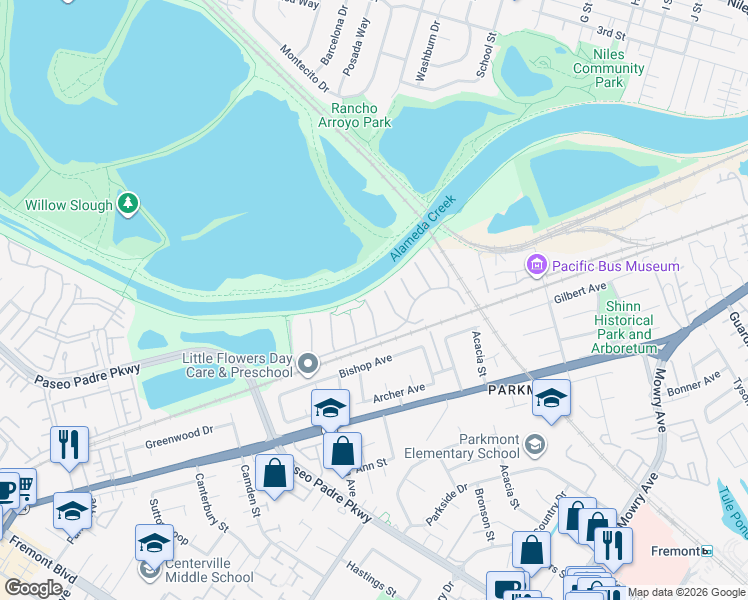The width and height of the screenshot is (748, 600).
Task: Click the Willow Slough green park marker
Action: point(127,204)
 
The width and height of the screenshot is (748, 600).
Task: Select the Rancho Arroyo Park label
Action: point(354,116)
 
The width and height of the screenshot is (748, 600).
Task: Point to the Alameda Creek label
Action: point(422,229)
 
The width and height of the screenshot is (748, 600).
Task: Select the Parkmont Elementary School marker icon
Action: point(536,443)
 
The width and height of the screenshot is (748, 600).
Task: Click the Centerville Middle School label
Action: point(204,577)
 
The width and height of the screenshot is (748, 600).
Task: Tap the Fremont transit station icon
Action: point(706,551)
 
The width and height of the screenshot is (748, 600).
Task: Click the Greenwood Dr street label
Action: point(179,432)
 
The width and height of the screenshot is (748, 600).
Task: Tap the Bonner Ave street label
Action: point(694,383)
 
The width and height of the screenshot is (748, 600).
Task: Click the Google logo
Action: point(33,588)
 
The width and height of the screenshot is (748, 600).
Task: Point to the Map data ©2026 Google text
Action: point(686,592)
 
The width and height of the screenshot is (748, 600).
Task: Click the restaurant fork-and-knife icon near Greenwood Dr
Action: point(69,442)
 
